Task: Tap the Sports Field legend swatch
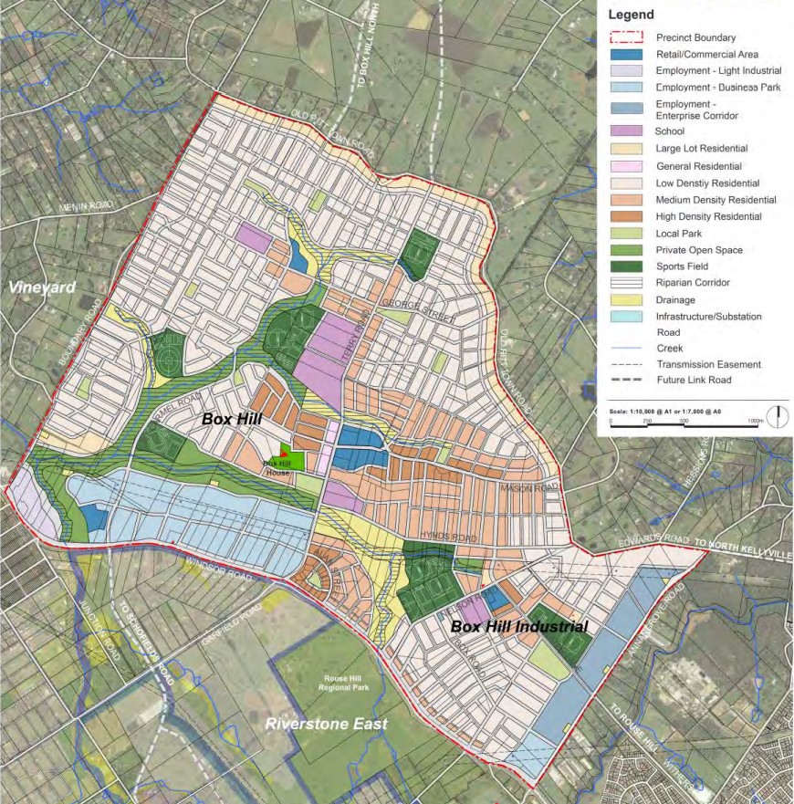(627, 266)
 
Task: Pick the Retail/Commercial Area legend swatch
(627, 55)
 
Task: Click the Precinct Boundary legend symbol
(627, 38)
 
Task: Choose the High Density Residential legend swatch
(627, 216)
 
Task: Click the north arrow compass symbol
(778, 417)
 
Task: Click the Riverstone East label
(326, 725)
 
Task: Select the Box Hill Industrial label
(518, 627)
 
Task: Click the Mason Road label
(528, 488)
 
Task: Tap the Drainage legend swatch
(627, 300)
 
